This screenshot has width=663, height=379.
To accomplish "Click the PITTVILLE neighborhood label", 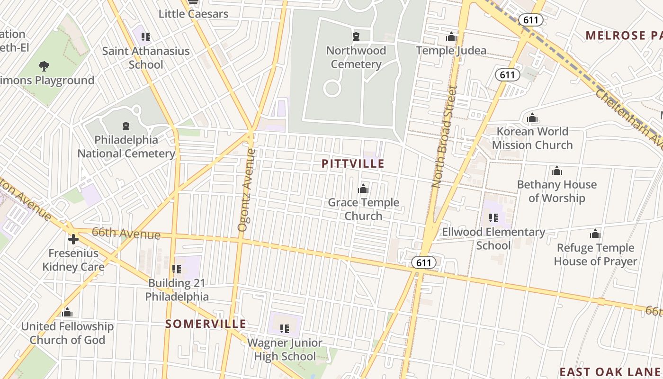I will point(353,164).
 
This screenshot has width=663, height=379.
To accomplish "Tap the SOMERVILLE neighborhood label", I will point(206,324).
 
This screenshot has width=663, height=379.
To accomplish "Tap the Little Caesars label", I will point(193,14).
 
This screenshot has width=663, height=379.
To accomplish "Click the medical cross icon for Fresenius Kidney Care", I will point(73,239).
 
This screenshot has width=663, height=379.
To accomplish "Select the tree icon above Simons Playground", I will point(44,66).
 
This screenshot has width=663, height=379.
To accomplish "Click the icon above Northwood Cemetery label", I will point(356,36).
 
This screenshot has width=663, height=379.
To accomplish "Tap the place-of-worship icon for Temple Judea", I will point(451,36).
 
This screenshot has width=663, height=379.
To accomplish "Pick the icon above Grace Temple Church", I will point(363,189).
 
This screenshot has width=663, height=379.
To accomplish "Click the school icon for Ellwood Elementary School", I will point(493,218).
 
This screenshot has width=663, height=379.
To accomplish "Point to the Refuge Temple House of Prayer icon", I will point(595,234).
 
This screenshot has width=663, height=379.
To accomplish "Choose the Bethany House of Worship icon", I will point(557,171).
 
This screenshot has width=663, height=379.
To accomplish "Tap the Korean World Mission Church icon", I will point(532,117).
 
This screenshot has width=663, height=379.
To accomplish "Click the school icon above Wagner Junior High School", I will point(285,328).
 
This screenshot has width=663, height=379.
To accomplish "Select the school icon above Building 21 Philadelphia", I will point(177,269).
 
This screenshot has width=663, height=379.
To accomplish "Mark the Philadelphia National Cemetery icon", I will point(126,126).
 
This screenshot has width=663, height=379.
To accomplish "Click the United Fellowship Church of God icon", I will point(67,313).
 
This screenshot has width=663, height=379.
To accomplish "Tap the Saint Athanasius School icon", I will point(146,36).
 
